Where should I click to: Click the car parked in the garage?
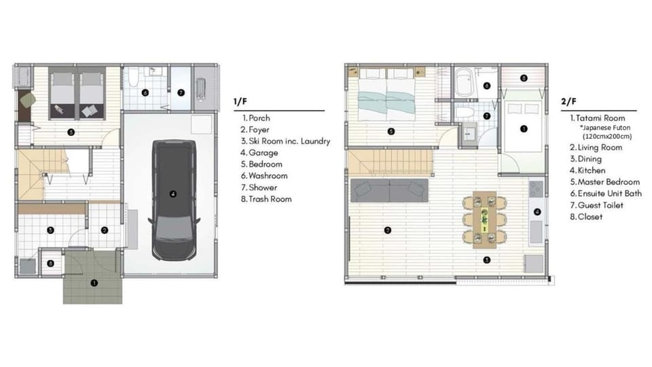[x=174, y=200]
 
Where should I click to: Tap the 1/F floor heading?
[x=240, y=101]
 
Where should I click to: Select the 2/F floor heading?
[x=568, y=101]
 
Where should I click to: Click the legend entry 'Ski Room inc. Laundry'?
[x=285, y=141]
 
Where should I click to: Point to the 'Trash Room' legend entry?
[x=266, y=199]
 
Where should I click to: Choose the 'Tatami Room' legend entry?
[x=598, y=118]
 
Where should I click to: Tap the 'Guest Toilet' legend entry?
[x=596, y=205]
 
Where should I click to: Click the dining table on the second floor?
[x=484, y=220]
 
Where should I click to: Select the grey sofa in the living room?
[x=389, y=190]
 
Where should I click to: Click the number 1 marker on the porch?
[x=94, y=283]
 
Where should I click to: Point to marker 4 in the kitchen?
[x=537, y=212]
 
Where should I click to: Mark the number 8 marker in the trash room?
[x=50, y=264]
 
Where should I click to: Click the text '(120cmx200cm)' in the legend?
[x=607, y=136]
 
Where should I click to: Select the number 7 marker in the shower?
[x=181, y=93]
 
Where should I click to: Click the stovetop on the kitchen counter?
[x=536, y=189]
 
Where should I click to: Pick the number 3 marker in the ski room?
[x=50, y=230]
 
